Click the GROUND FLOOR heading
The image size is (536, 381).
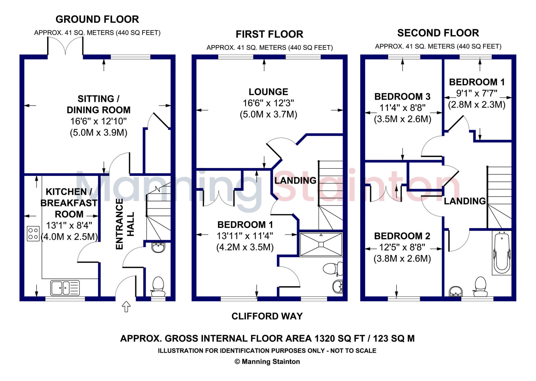(97, 19)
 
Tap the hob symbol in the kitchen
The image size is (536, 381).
(33, 233)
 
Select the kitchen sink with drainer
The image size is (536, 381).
(65, 288)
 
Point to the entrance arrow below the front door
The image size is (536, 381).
(126, 307)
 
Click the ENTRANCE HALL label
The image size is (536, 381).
(125, 224)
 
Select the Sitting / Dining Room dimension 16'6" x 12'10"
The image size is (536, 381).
(98, 121)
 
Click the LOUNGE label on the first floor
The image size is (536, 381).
(268, 92)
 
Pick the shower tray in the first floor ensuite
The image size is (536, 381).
(321, 244)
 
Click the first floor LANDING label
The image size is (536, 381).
(295, 181)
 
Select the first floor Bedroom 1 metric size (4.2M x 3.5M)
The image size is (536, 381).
(245, 247)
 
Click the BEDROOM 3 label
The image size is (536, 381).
(402, 97)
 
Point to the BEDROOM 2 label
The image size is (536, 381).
(402, 236)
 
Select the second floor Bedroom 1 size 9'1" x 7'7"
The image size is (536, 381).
(477, 94)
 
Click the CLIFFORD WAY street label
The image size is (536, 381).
(267, 316)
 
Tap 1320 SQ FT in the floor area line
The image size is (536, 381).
(339, 339)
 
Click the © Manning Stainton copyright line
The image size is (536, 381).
(267, 362)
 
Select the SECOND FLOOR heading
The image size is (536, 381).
(438, 33)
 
